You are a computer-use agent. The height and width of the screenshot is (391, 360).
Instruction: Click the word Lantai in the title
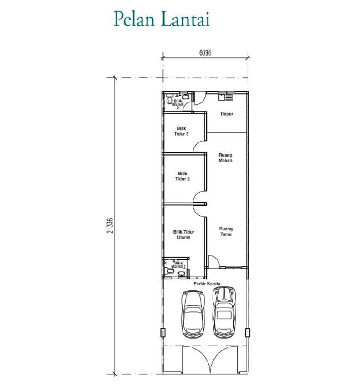186,19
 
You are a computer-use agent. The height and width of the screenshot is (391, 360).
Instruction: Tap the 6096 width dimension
205,53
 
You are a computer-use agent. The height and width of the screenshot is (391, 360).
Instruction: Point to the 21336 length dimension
110,226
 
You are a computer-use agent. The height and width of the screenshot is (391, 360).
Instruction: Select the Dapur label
227,114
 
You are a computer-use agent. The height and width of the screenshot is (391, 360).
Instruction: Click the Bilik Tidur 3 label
181,131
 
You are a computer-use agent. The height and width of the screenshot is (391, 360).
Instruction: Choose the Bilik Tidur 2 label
182,176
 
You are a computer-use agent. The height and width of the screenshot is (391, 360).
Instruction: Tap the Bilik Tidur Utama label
184,234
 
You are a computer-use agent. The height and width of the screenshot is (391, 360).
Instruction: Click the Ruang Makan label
225,158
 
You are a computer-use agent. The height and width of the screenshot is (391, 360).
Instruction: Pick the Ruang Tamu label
226,231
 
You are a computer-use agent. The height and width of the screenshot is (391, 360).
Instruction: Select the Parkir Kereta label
207,284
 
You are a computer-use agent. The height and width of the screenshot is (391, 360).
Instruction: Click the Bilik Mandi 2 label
178,104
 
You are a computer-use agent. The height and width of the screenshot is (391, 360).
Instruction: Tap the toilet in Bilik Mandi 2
169,99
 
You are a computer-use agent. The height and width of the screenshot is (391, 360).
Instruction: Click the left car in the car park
193,314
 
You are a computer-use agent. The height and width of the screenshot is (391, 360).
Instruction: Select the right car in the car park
224,312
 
